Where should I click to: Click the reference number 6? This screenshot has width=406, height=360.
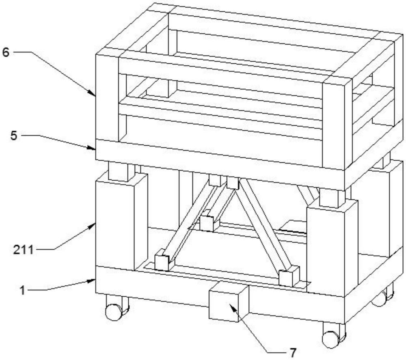click(x=6, y=52)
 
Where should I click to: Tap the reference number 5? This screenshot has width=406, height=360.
click(x=14, y=136)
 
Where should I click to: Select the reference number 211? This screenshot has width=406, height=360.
click(x=24, y=250)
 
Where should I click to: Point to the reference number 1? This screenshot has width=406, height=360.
click(x=23, y=290)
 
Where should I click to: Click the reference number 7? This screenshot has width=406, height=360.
click(x=293, y=352)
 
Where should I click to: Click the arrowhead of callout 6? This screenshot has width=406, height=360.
click(x=92, y=93)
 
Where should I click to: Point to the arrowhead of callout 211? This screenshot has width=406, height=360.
click(x=92, y=226)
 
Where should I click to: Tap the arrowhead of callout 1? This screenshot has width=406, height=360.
click(x=92, y=280)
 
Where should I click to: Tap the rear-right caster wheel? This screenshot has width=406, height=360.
click(x=383, y=295)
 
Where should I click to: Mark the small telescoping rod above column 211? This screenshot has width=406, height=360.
click(x=121, y=171)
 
